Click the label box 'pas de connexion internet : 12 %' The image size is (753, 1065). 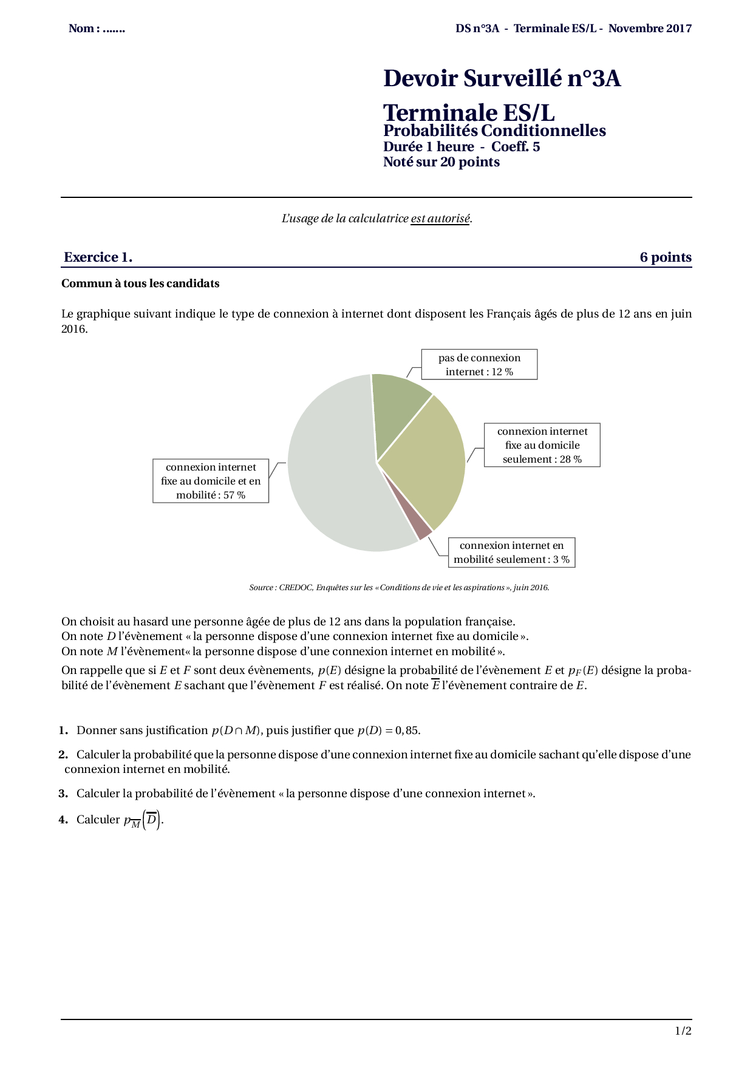click(x=479, y=365)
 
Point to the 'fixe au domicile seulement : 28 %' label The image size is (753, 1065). click(x=542, y=445)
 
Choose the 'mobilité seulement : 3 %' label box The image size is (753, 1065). click(x=511, y=553)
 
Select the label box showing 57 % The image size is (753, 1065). click(x=211, y=481)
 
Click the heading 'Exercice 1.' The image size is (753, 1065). click(x=98, y=257)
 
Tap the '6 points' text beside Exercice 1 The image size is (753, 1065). click(x=666, y=257)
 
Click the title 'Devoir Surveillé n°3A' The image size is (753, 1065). click(x=502, y=79)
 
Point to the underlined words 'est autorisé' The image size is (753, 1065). click(x=440, y=219)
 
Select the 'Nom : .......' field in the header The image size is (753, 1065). click(x=97, y=29)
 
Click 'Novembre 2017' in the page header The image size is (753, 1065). click(x=650, y=29)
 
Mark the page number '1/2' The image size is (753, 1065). click(x=683, y=1030)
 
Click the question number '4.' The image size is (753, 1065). click(x=64, y=820)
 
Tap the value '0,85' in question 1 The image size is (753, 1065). click(x=407, y=730)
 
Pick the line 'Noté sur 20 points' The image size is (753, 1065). click(x=441, y=162)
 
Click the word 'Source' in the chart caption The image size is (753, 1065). click(x=261, y=587)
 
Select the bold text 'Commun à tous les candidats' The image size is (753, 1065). click(x=140, y=284)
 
